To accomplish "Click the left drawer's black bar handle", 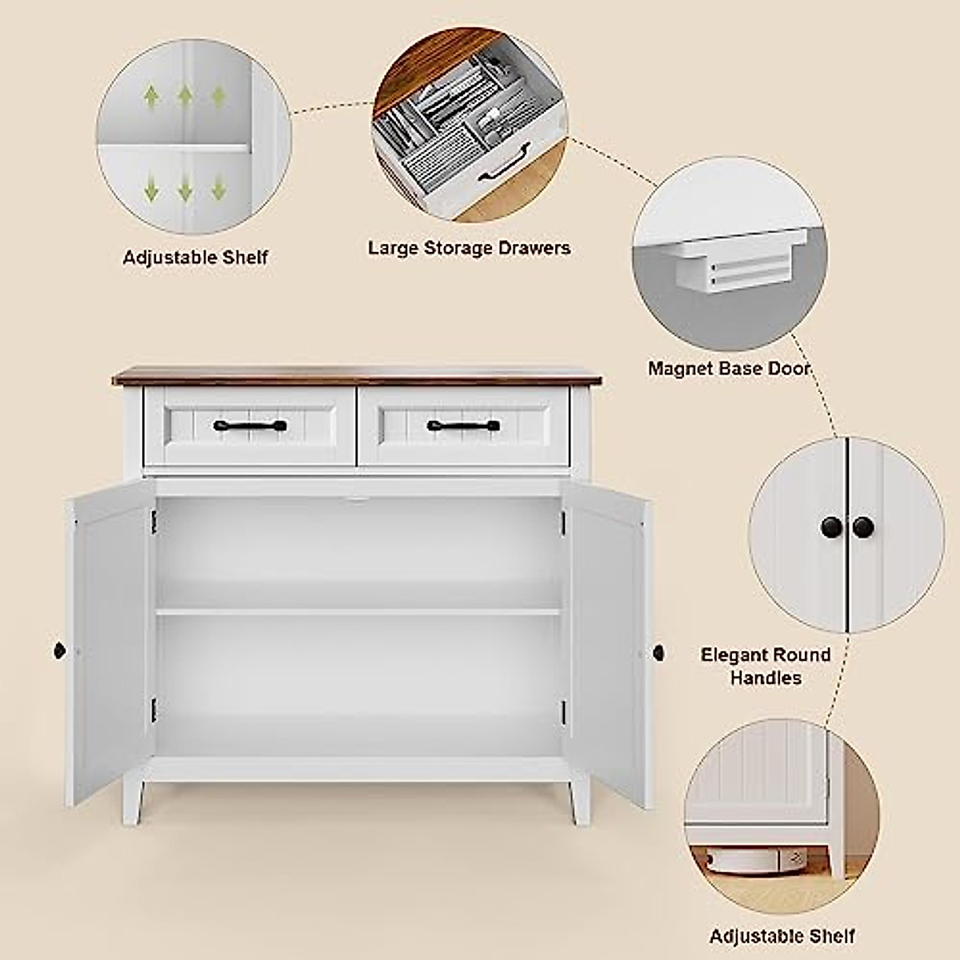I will point(250,426).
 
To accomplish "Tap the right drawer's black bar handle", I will point(463,426).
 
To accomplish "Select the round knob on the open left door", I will point(58,650).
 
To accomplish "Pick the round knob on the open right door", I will point(658,653).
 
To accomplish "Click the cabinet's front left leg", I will point(134,800).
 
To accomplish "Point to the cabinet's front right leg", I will point(580,800).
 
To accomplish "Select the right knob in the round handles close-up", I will point(863,527).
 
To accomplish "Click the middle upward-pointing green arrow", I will point(185,97).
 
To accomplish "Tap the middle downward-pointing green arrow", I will point(185,190).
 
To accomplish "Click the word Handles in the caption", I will point(766,678).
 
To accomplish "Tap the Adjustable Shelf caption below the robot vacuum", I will point(782,936).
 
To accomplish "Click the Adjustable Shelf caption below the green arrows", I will point(195,258).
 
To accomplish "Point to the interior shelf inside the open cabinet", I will point(358,612).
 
